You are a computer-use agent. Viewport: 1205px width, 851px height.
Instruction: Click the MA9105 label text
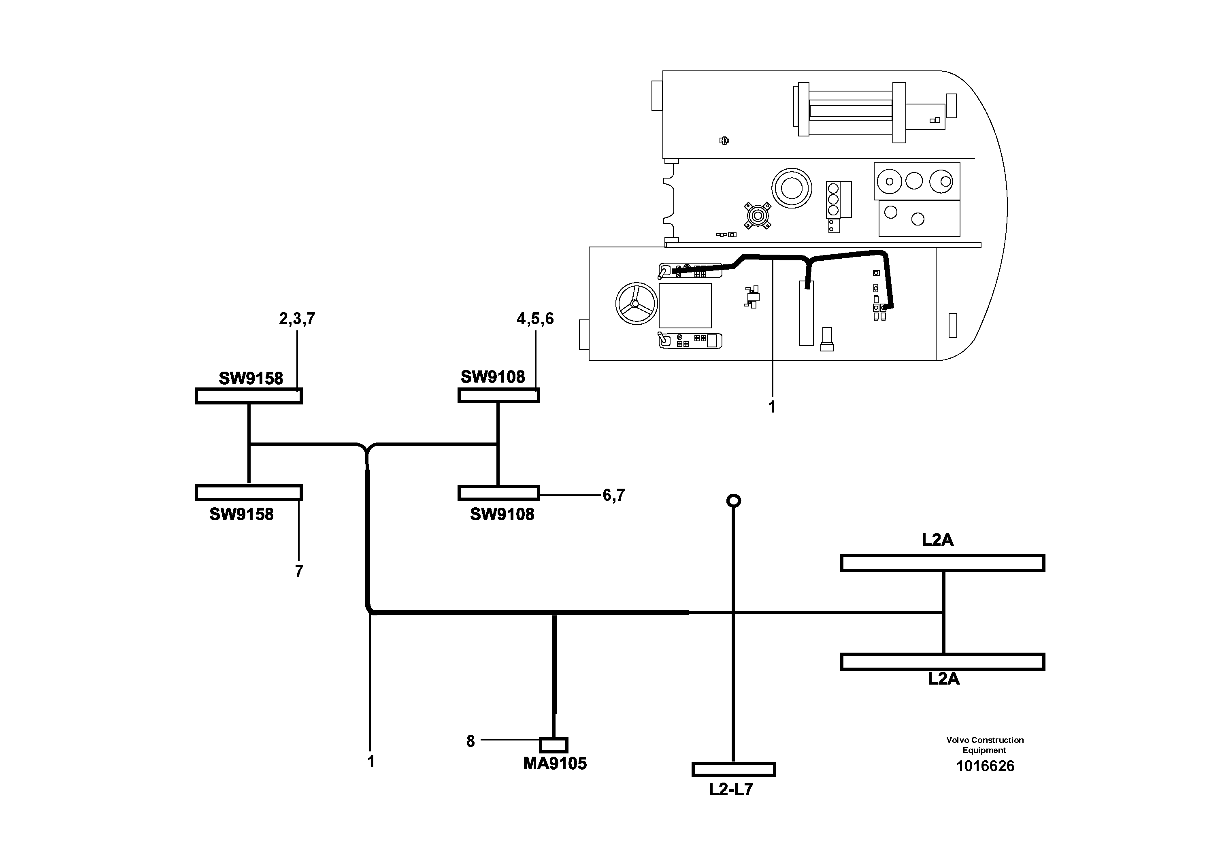(x=555, y=764)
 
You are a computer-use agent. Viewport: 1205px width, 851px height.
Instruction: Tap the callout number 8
(x=470, y=741)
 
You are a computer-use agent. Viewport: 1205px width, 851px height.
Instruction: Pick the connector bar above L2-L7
(x=733, y=769)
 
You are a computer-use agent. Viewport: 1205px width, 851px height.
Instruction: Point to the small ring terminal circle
(x=733, y=500)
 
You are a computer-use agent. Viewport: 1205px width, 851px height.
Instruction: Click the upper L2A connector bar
(x=942, y=563)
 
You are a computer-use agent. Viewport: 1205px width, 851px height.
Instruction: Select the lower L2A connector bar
(x=942, y=662)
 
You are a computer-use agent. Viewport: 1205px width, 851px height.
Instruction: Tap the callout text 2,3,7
(x=297, y=319)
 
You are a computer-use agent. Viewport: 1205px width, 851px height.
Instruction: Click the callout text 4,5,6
(x=535, y=319)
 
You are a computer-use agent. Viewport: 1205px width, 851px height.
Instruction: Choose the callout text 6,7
(x=613, y=495)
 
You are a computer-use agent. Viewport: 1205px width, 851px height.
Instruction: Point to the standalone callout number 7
(x=299, y=571)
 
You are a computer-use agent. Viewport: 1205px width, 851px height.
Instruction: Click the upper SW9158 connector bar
(x=249, y=396)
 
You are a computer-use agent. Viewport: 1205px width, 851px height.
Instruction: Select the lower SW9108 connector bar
(x=498, y=493)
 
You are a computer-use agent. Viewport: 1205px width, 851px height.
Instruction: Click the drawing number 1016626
(x=985, y=766)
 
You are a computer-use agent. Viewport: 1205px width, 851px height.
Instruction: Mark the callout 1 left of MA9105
(x=371, y=761)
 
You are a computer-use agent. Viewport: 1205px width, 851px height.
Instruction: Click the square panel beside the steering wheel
(x=685, y=305)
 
